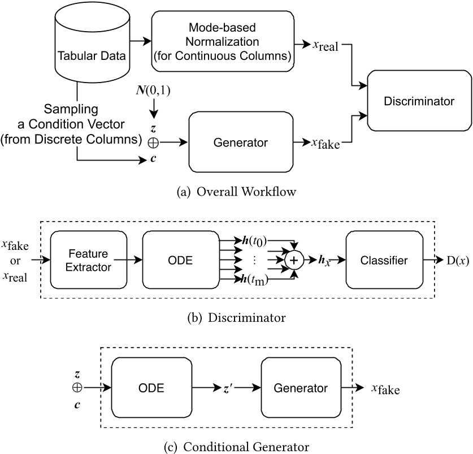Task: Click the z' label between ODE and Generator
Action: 228,389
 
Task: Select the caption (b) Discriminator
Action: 236,318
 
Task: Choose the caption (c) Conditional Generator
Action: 236,444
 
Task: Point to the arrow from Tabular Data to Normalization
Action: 139,41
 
